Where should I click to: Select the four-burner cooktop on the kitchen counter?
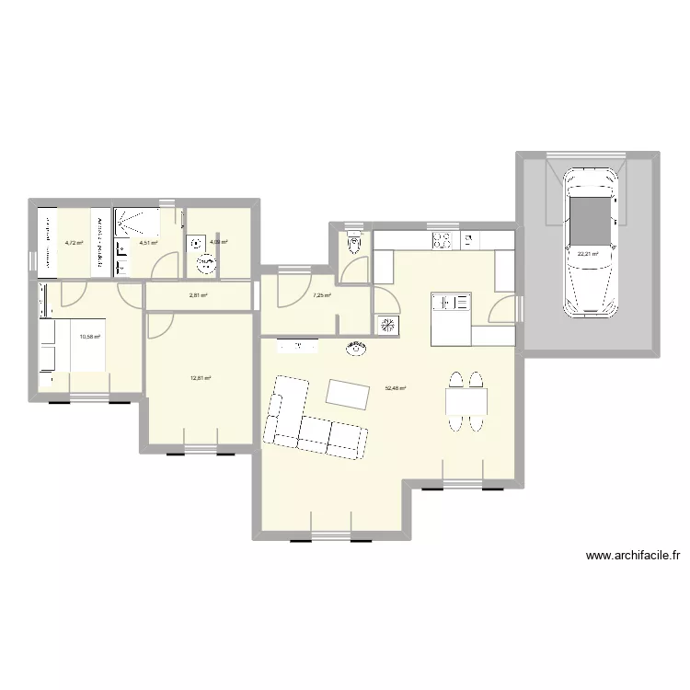point(443,240)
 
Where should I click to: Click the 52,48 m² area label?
point(396,388)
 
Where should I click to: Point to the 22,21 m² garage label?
point(588,254)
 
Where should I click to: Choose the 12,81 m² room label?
point(201,377)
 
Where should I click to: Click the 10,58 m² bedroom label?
point(89,336)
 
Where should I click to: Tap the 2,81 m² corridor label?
point(198,295)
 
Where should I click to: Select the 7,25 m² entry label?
point(321,295)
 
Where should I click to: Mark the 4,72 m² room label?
point(74,243)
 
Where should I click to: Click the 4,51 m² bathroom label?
point(148,243)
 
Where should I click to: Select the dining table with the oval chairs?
point(466,401)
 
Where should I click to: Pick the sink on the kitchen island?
point(451,302)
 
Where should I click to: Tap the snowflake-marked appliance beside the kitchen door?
point(385,325)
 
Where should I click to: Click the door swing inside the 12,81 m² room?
point(161,324)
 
